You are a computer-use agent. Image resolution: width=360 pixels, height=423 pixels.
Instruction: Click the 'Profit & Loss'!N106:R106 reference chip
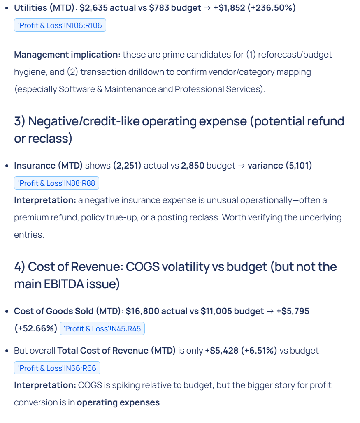tap(60, 25)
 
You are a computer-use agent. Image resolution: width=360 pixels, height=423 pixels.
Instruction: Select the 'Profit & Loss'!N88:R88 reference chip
tap(56, 183)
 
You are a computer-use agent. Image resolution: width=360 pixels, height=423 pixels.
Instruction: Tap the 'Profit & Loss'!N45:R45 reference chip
tap(102, 328)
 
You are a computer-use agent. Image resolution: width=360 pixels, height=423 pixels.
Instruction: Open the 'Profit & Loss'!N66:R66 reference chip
tap(57, 368)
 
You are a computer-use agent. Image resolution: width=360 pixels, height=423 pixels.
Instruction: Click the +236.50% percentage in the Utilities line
tap(271, 8)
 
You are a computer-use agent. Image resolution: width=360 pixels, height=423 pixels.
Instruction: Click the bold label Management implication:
tap(67, 55)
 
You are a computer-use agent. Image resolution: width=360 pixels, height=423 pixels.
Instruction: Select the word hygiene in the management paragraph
tap(30, 72)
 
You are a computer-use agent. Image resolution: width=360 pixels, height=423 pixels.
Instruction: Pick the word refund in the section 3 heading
tap(323, 122)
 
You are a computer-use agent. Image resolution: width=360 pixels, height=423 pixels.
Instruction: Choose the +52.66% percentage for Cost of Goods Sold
tap(36, 328)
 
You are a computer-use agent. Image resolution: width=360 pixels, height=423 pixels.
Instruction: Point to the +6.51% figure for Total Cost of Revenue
tap(260, 351)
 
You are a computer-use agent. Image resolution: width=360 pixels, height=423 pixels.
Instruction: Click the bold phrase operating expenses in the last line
tap(118, 402)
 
